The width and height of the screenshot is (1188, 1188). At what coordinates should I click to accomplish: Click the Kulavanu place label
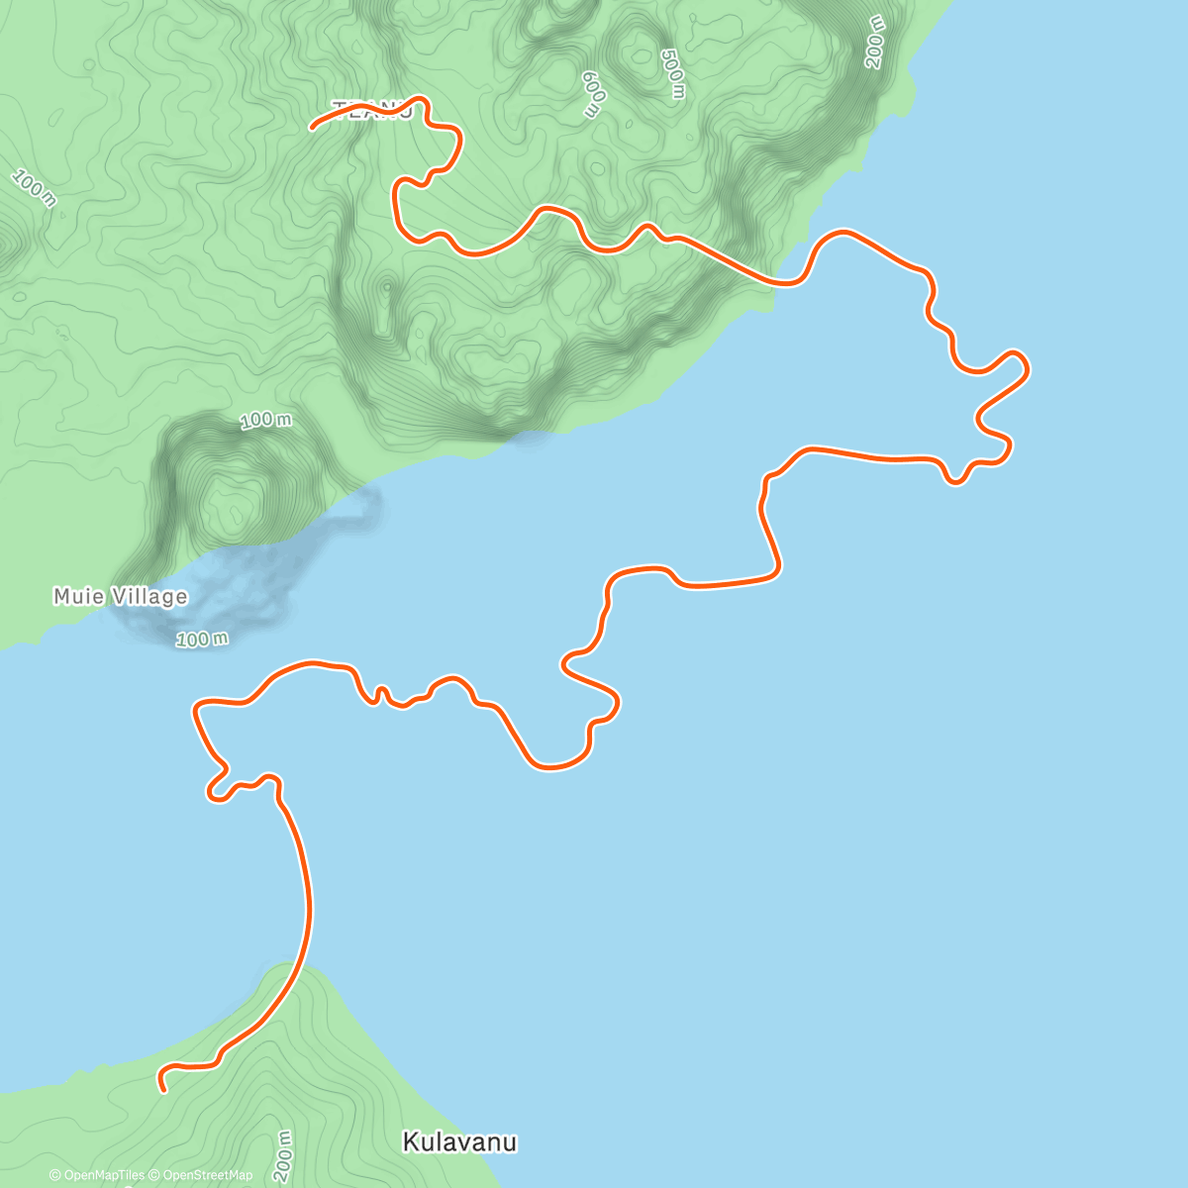(459, 1142)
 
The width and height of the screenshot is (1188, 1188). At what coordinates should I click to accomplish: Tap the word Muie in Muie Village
(75, 596)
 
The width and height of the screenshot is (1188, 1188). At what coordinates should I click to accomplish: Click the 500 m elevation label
(673, 73)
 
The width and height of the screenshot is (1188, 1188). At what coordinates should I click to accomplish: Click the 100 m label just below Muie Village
(202, 640)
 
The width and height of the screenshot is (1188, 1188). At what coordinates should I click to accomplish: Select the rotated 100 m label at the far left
(35, 188)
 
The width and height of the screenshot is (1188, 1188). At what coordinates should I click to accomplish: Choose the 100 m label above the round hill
(266, 421)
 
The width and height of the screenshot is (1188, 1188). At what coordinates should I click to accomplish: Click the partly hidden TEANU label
(371, 110)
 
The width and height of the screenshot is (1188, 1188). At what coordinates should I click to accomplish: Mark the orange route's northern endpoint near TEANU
(313, 128)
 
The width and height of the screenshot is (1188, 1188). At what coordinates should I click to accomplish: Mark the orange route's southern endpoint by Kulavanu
(163, 1090)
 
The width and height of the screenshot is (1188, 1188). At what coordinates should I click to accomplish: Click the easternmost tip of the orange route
(1028, 367)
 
